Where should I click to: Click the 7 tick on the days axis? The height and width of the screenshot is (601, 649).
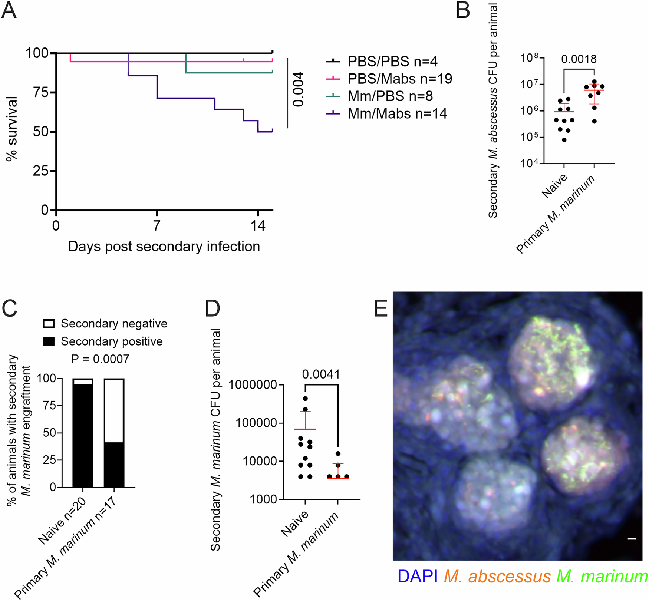[157, 225]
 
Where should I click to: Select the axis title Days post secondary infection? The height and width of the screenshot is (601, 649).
[164, 247]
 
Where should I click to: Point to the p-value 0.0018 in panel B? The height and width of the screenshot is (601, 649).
[579, 59]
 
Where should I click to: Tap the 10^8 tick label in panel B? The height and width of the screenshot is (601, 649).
[529, 58]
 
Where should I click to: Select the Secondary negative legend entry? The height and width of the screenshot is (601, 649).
[114, 324]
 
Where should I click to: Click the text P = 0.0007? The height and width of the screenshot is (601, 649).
[100, 359]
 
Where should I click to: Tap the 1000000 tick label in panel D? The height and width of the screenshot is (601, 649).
[253, 385]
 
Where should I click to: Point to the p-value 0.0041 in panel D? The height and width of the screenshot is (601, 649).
[321, 374]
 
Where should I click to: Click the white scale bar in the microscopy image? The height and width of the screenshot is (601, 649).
[632, 538]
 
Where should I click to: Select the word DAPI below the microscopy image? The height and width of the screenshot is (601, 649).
[417, 577]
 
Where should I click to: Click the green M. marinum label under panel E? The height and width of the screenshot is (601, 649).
[602, 577]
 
